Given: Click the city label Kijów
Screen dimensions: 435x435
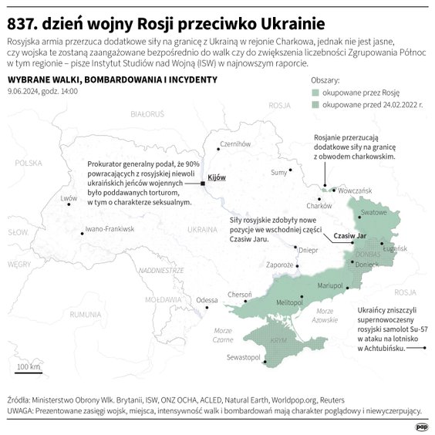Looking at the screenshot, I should tap(217, 177).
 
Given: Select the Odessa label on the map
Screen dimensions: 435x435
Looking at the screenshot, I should tap(207, 300).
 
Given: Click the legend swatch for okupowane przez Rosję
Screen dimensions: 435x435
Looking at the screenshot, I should tap(315, 92).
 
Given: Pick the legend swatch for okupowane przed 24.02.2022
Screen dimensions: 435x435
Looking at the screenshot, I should tap(315, 104).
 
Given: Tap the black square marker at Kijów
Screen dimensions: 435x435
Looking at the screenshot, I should tap(202, 184).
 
